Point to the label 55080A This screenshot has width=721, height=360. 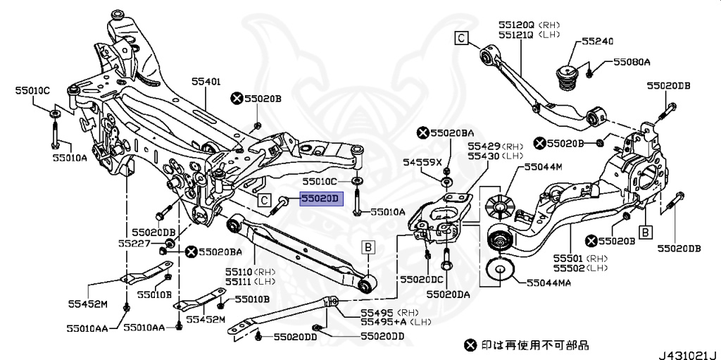(x=631, y=63)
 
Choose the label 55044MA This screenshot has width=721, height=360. (x=548, y=283)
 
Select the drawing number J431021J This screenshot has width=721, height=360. (x=686, y=352)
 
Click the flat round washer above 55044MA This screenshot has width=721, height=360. (x=500, y=271)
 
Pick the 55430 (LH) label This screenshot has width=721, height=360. (x=496, y=155)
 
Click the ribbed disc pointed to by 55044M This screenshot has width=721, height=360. (x=500, y=204)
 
